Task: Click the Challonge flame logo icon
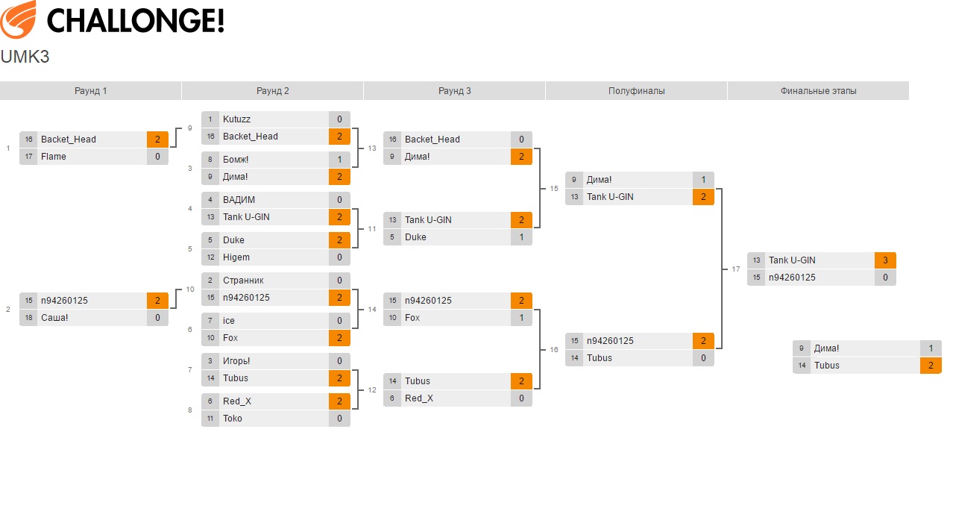pos(19,19)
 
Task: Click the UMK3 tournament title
pos(25,57)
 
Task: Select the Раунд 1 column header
pos(91,91)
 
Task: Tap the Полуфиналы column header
pos(636,91)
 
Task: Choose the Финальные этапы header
pos(818,91)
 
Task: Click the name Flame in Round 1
pos(54,157)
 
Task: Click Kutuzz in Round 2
pos(236,119)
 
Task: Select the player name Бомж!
pos(236,160)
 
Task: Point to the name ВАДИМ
pos(239,200)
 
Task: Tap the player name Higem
pos(236,257)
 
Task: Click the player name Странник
pos(243,281)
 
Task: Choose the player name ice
pos(229,321)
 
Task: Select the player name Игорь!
pos(236,361)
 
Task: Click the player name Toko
pos(233,419)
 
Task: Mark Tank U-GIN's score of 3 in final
pos(885,260)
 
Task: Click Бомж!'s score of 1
pos(339,160)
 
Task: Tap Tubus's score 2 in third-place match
pos(931,366)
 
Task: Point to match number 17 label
pos(736,269)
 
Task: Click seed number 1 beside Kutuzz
pos(211,119)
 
